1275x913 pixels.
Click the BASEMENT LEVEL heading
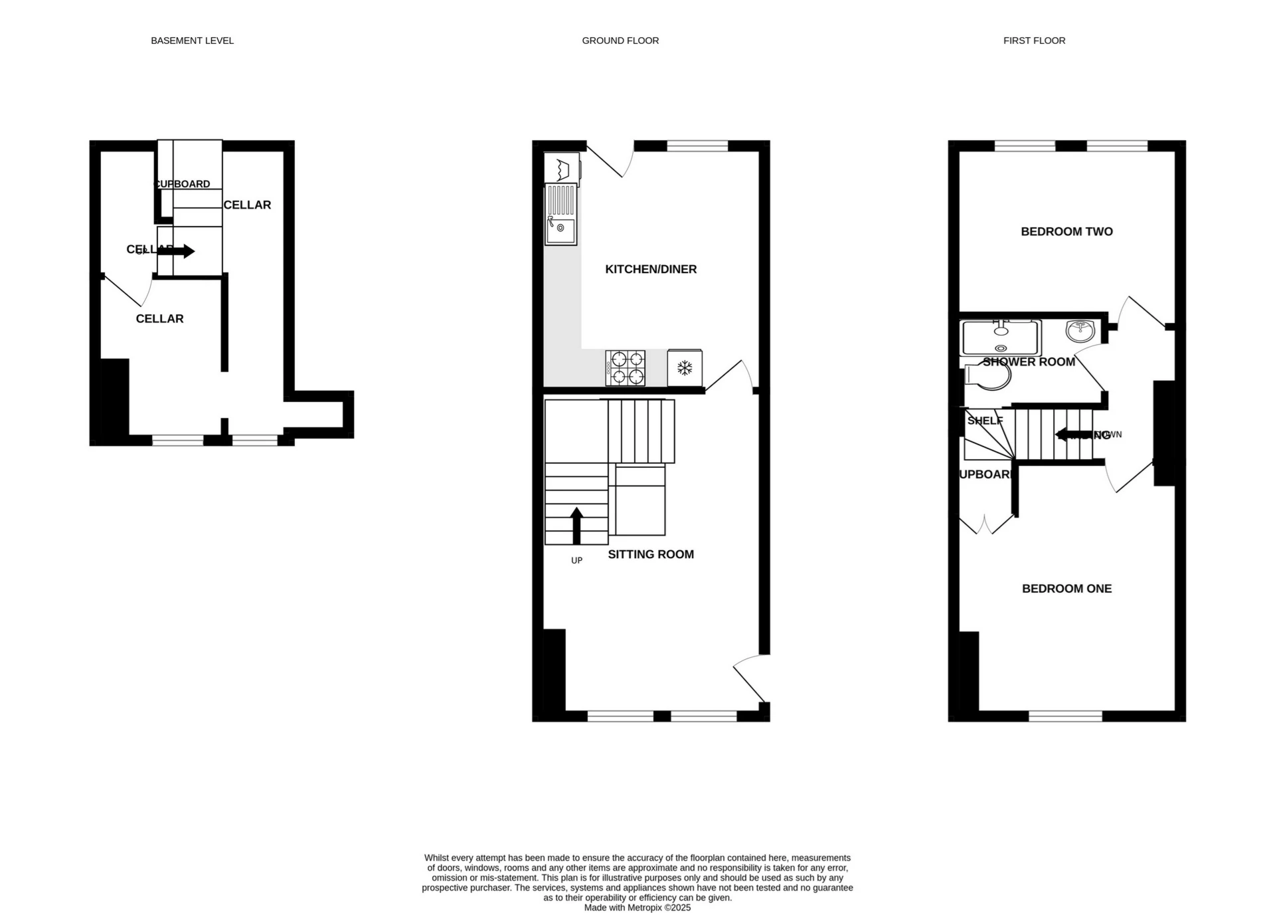coord(192,41)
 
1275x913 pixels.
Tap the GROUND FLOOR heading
coord(620,41)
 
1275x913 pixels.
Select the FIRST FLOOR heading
coord(1034,41)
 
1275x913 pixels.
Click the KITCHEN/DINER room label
coord(651,269)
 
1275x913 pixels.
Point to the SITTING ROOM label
coord(651,554)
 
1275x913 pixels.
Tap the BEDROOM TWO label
coord(1066,231)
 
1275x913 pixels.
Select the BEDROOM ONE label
coord(1066,588)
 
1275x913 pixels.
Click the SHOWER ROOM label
coord(1029,361)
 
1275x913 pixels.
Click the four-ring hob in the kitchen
coord(626,368)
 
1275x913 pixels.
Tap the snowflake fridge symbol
coord(685,367)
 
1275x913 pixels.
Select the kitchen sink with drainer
coord(561,215)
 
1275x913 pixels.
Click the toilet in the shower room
coord(989,377)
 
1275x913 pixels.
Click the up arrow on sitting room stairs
coord(576,525)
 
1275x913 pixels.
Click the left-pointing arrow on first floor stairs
coord(1070,435)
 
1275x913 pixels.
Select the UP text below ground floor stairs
coord(576,560)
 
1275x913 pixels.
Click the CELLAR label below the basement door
coord(159,318)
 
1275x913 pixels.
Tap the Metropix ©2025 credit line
coord(637,907)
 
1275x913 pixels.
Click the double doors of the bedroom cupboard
coord(987,525)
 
